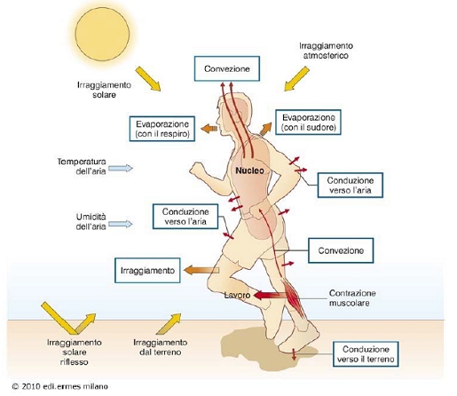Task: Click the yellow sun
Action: click(102, 34)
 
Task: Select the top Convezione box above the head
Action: click(227, 68)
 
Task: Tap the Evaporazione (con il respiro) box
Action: click(162, 129)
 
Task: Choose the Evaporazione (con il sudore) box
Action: click(308, 123)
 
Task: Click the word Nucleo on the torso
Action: click(249, 170)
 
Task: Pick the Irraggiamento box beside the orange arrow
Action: click(147, 271)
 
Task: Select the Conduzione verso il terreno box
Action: click(366, 354)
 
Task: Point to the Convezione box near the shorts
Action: click(341, 250)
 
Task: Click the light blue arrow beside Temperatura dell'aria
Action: click(121, 169)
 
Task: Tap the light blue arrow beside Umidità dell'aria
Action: click(121, 224)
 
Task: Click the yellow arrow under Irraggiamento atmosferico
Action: click(296, 79)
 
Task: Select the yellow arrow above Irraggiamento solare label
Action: click(148, 79)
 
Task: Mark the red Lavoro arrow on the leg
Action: click(270, 295)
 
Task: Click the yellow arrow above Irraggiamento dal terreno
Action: click(169, 324)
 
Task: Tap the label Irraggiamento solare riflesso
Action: click(75, 352)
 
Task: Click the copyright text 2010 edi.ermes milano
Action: click(59, 386)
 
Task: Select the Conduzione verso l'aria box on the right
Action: click(351, 185)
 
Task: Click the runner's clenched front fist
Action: click(196, 169)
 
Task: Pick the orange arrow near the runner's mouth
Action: click(209, 129)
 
